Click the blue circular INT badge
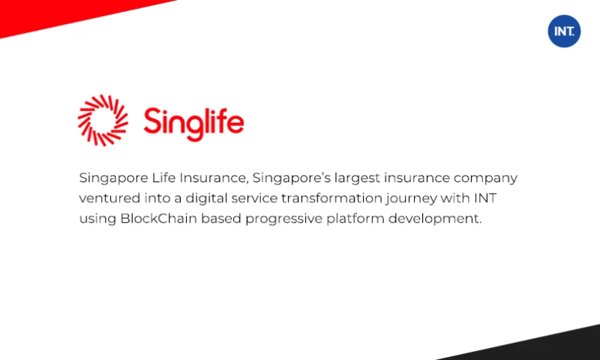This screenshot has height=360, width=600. click(x=564, y=31)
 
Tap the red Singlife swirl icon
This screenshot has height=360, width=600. click(x=103, y=120)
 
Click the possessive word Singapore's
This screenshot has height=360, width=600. click(x=287, y=178)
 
